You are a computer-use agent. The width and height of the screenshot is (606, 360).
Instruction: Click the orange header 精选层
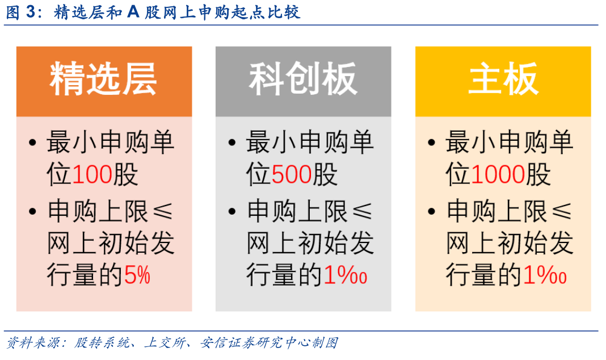tap(103, 79)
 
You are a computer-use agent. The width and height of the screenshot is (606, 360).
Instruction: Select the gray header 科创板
tap(303, 79)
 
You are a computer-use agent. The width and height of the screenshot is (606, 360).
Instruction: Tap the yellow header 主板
tap(503, 79)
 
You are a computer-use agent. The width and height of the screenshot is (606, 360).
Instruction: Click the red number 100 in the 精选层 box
tap(92, 174)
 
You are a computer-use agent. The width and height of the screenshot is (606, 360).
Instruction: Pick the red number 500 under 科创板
tap(292, 174)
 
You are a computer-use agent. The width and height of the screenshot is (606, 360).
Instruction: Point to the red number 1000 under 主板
tap(498, 174)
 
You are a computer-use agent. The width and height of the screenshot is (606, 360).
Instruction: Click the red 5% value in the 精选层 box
tap(137, 275)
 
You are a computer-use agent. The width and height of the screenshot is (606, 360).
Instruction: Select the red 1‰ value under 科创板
tap(345, 275)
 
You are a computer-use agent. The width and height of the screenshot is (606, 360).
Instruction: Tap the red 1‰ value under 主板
tap(545, 275)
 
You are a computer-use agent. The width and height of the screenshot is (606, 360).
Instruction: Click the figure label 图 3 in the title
tap(24, 12)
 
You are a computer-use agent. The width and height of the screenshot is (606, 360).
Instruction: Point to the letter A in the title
tap(133, 12)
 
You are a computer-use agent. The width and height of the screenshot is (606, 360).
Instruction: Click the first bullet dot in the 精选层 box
tap(32, 143)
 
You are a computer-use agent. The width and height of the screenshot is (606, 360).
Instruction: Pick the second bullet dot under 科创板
tap(232, 212)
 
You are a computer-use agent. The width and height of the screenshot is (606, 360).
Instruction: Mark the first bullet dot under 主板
tap(432, 143)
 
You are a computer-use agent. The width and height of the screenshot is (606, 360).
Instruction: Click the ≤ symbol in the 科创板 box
tap(363, 212)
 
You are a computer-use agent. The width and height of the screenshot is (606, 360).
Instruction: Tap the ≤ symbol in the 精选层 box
tap(163, 212)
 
